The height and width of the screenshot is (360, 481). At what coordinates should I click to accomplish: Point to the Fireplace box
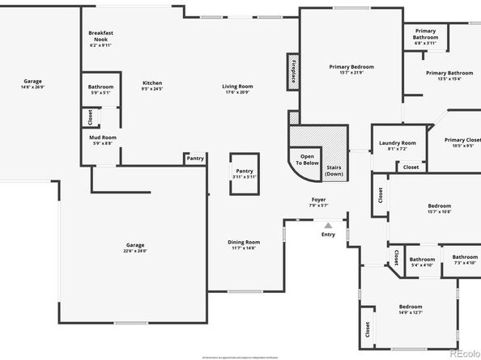tap(292, 70)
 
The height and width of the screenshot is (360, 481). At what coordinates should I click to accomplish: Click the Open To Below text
tap(308, 159)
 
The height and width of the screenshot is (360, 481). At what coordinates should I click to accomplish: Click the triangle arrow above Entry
tap(328, 226)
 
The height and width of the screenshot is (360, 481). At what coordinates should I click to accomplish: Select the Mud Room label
tap(103, 140)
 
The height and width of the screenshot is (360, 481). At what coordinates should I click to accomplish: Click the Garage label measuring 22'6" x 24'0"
tap(135, 248)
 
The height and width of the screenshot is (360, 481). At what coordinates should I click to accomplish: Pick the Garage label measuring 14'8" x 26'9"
tap(33, 83)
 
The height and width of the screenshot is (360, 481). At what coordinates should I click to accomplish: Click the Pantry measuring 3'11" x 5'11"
tap(244, 173)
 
